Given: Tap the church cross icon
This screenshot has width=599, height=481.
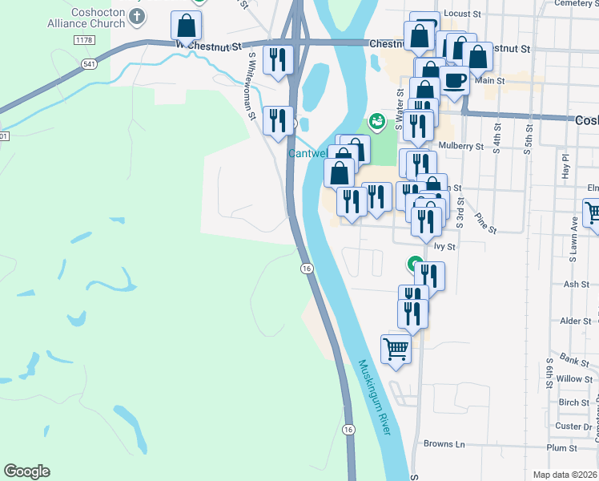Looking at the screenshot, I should (137, 16).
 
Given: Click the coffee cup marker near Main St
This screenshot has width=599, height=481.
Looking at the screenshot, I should (454, 81).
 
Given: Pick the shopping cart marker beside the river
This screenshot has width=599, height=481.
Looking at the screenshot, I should (396, 349).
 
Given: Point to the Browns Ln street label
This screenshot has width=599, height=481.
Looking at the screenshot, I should (444, 443).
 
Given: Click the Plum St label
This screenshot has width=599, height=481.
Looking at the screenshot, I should (561, 448).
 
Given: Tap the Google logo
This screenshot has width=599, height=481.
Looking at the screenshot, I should (26, 471).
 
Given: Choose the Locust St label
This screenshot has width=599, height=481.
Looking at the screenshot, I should (461, 14).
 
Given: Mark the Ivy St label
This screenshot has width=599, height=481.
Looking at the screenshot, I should (444, 247).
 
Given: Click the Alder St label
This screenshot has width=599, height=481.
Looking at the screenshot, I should (576, 321).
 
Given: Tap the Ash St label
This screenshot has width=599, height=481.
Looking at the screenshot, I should (577, 284).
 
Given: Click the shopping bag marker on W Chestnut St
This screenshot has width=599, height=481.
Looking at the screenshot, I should (186, 28).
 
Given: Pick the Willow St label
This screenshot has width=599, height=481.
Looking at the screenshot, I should (574, 378).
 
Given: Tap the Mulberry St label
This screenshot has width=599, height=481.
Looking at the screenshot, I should (462, 147).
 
